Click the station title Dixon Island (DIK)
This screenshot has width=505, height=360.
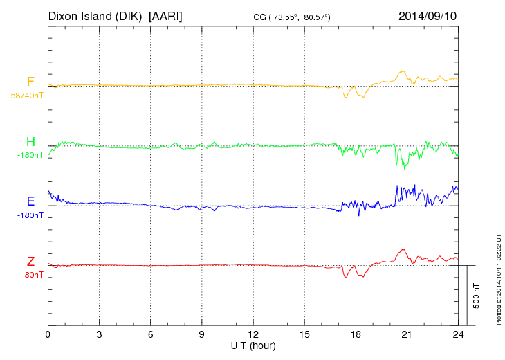95,15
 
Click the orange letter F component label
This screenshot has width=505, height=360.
30,82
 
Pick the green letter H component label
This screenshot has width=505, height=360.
30,143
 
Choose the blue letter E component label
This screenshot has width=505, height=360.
30,202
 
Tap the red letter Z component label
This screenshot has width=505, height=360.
30,262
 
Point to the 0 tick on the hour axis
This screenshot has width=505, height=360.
48,334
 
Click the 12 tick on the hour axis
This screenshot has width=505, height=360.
253,334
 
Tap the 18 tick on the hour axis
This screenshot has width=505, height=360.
356,334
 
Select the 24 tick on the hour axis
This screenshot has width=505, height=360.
458,334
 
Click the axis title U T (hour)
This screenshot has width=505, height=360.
253,345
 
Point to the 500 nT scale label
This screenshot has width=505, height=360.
477,296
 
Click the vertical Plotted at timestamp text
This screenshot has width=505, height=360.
498,276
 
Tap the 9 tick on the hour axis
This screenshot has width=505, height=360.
202,334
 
